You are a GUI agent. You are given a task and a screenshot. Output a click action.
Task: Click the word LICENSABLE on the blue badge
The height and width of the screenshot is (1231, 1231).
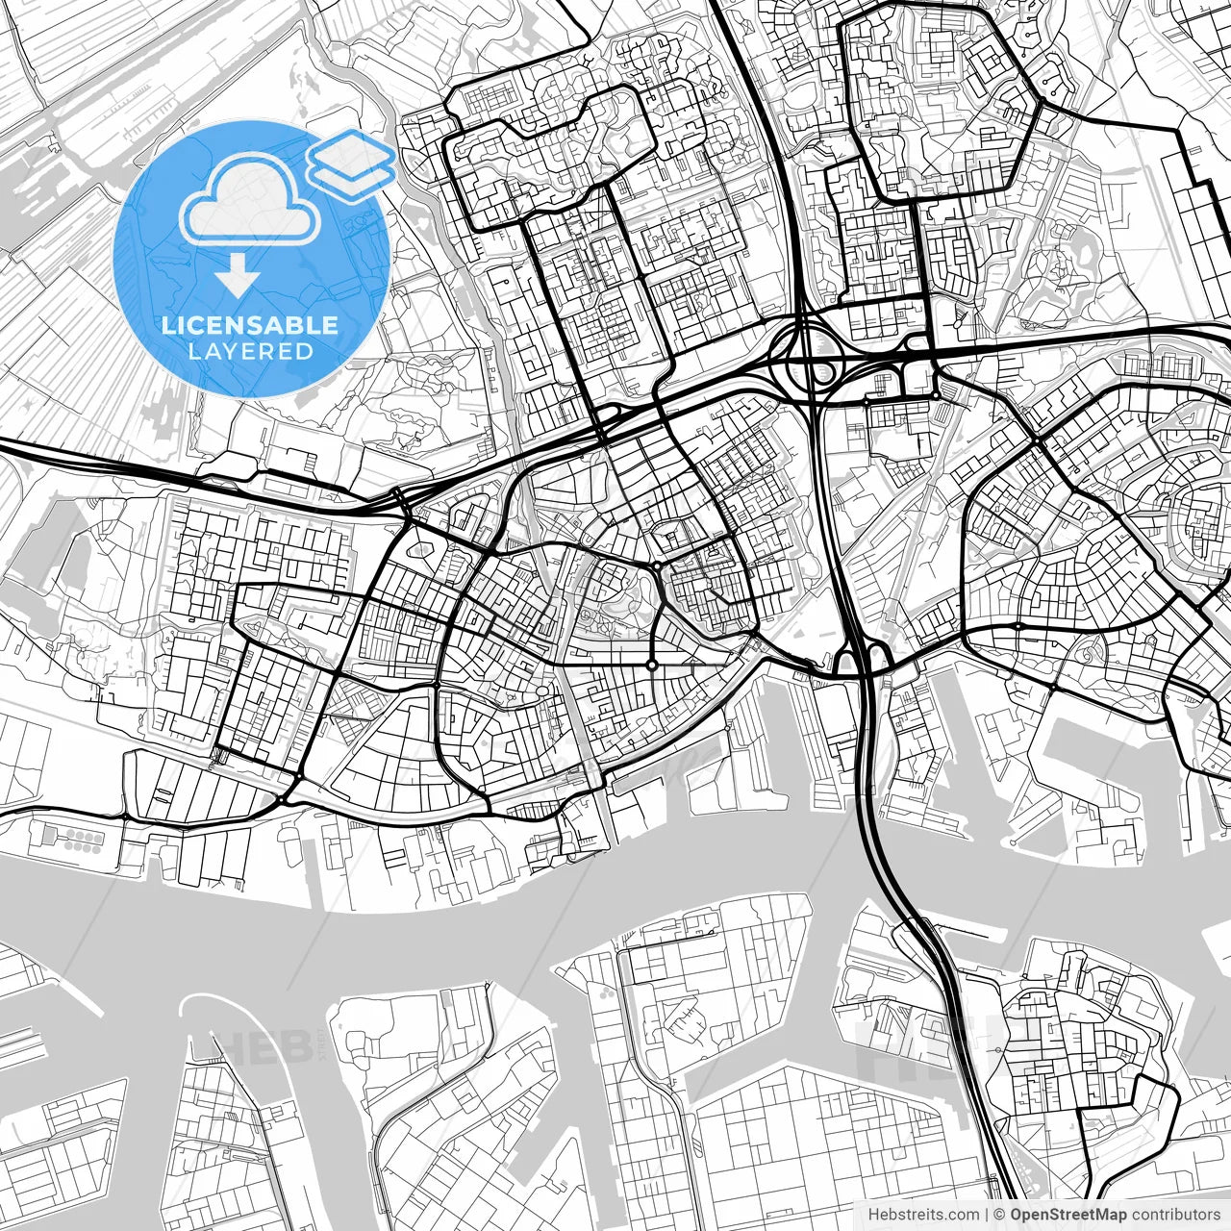pyautogui.click(x=250, y=325)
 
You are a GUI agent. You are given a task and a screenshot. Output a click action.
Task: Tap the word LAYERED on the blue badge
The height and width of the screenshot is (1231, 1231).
pyautogui.click(x=250, y=352)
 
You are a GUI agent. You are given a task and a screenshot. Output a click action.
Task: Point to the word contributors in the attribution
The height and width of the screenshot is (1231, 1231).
pyautogui.click(x=1176, y=1215)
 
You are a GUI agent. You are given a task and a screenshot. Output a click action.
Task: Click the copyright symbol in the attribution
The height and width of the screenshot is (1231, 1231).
pyautogui.click(x=1000, y=1215)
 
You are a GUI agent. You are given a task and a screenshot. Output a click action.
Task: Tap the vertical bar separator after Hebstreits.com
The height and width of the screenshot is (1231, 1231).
pyautogui.click(x=988, y=1215)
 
